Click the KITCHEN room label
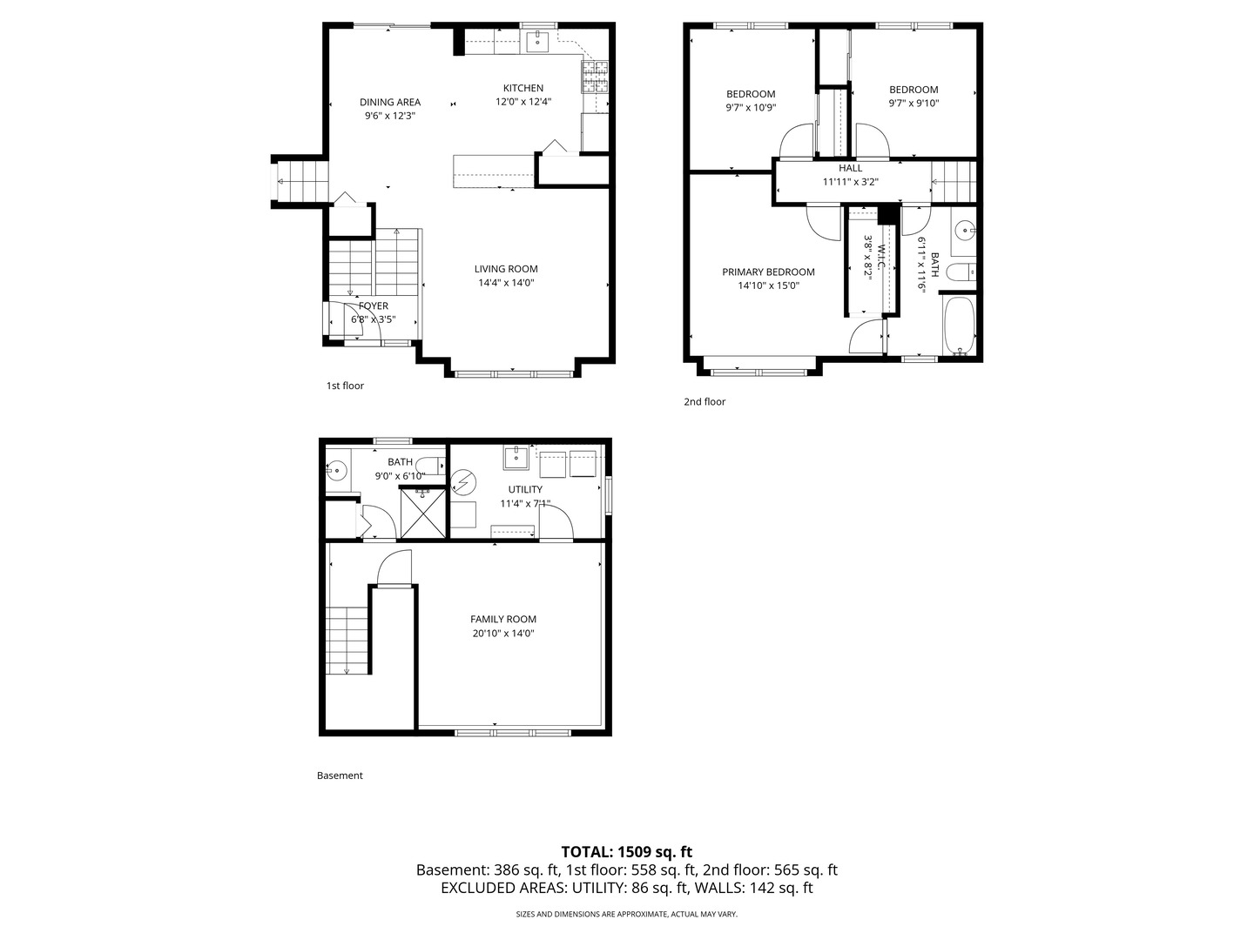522,88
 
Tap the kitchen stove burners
595,77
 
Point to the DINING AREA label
389,102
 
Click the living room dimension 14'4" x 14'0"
506,283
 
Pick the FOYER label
373,305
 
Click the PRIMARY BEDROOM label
768,272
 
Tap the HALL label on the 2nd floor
850,168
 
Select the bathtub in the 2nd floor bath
959,326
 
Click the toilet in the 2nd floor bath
961,272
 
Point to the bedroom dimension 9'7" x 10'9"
751,107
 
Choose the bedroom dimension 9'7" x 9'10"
914,104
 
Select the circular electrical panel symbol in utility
462,482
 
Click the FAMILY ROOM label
503,619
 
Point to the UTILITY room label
525,489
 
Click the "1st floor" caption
345,386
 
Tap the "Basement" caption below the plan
340,775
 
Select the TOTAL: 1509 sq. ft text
627,852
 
